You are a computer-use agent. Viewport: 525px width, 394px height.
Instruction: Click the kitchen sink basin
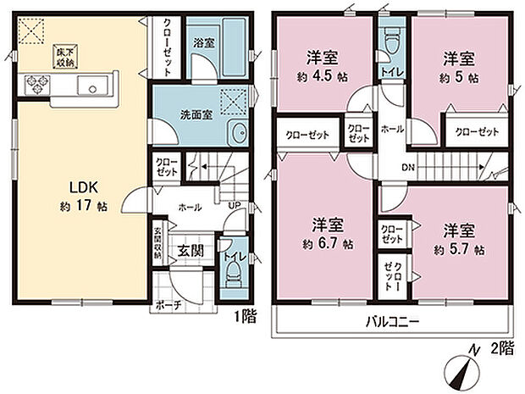pyautogui.click(x=91, y=85)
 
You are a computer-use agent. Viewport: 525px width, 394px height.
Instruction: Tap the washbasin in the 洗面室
pyautogui.click(x=240, y=132)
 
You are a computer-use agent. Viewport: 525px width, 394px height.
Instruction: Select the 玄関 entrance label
pyautogui.click(x=189, y=251)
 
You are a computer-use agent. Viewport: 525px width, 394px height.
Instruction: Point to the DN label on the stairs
pyautogui.click(x=406, y=166)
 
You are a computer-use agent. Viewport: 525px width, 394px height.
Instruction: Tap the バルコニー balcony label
pyautogui.click(x=393, y=322)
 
